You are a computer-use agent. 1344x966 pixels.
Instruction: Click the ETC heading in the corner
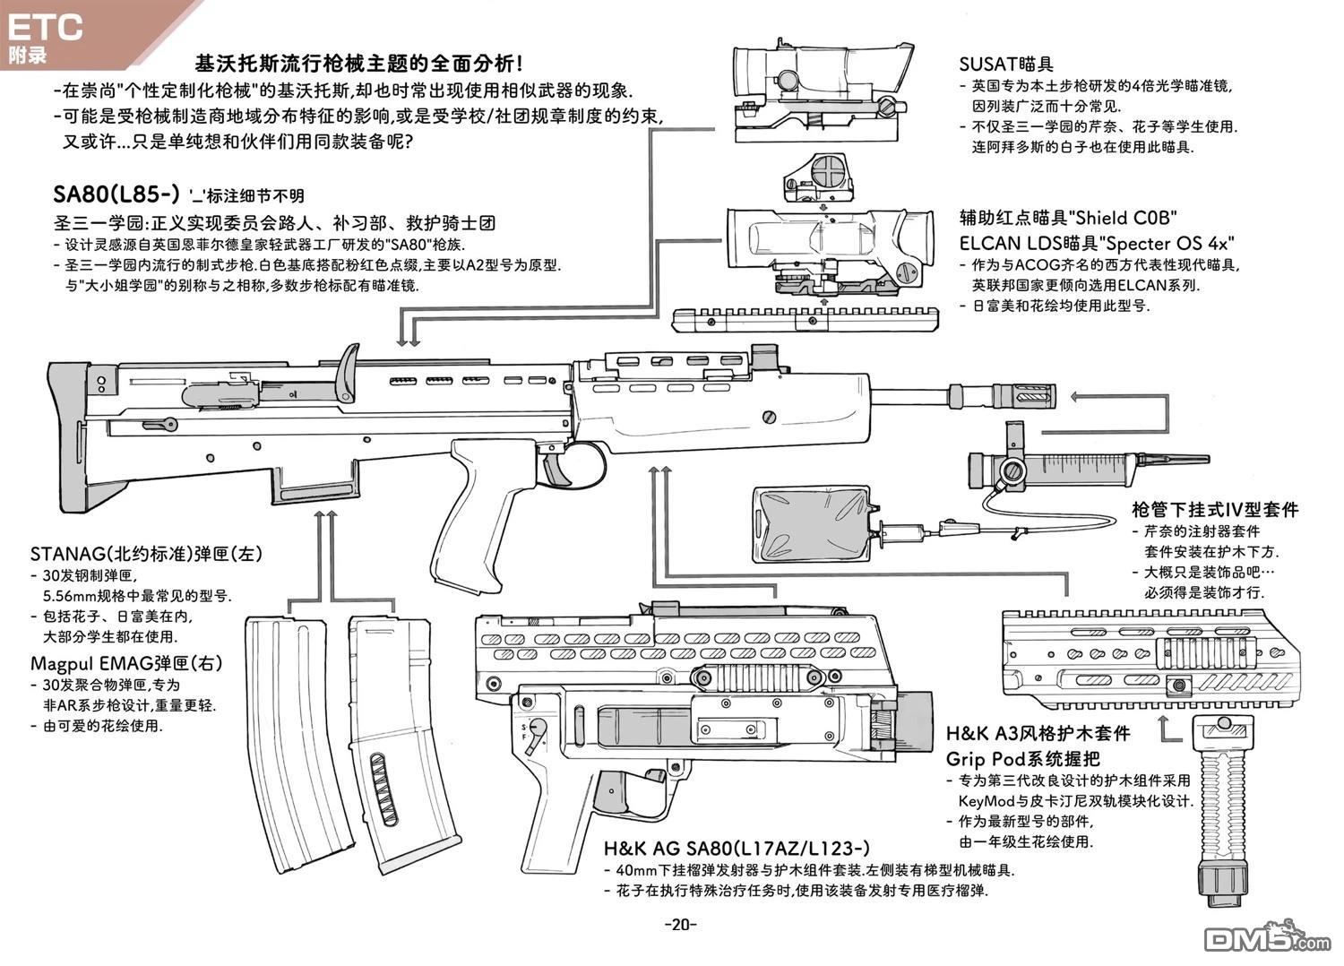pyautogui.click(x=45, y=27)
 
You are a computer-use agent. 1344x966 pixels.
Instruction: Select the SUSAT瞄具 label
pyautogui.click(x=1005, y=64)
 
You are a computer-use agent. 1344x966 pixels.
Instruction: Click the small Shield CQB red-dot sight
pyautogui.click(x=820, y=176)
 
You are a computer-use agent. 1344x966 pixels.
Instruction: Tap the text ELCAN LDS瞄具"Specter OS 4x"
pyautogui.click(x=1097, y=243)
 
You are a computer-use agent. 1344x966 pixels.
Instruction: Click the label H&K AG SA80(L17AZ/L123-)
pyautogui.click(x=736, y=848)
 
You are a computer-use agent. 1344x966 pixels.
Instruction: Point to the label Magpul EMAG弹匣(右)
pyautogui.click(x=126, y=663)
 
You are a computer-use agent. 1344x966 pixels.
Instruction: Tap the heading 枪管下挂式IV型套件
pyautogui.click(x=1214, y=510)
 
